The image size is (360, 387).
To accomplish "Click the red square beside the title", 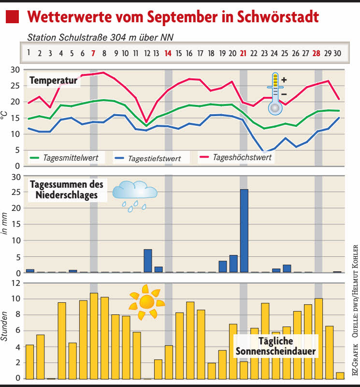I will (x=12, y=18).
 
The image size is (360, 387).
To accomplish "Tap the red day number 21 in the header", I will (x=243, y=53).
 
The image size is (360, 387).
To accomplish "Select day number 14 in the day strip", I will (x=168, y=53).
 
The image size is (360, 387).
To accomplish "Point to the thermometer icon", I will (x=275, y=93).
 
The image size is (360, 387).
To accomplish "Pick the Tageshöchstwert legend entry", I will (x=237, y=157).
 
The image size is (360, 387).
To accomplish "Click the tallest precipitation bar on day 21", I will (x=244, y=231).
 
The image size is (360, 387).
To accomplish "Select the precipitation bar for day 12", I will (x=148, y=261).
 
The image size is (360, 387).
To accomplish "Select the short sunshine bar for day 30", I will (x=340, y=375).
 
